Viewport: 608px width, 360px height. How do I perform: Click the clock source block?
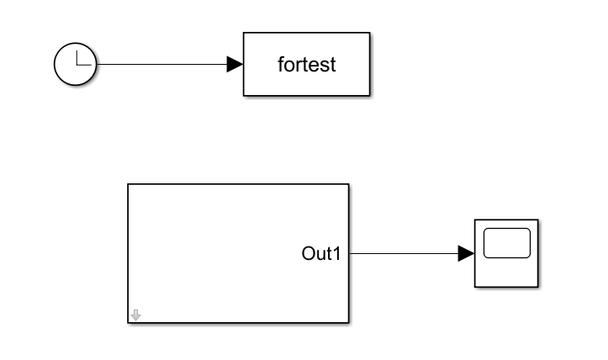pos(76,65)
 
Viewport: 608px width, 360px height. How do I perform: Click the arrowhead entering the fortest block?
pos(235,65)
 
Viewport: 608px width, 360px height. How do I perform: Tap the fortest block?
pos(306,65)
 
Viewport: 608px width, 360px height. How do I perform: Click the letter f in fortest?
pos(281,65)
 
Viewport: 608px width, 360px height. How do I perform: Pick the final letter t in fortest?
pos(332,65)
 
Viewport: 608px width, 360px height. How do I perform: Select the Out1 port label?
pos(320,252)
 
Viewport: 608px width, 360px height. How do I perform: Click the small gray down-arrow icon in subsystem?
pos(136,315)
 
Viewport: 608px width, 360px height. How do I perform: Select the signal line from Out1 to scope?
pos(404,253)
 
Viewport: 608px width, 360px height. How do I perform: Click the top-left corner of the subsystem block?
pos(128,184)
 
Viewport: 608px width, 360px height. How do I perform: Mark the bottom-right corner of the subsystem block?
pos(348,322)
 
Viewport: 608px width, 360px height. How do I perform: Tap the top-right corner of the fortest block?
pos(369,34)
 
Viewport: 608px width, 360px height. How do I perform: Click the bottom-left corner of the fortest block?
pos(244,96)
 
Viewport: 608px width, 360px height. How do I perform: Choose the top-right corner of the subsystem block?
pos(348,184)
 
